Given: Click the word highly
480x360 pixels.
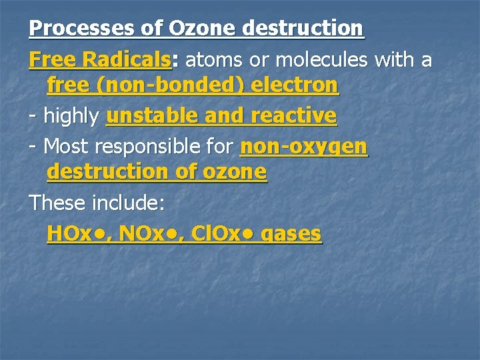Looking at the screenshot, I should (x=71, y=116).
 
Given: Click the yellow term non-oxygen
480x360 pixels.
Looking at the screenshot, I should (x=303, y=145).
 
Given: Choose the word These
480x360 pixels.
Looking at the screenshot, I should (x=58, y=202).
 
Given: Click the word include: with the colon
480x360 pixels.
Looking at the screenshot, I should (x=129, y=202).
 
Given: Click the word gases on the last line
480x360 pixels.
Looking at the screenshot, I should (x=293, y=234).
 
